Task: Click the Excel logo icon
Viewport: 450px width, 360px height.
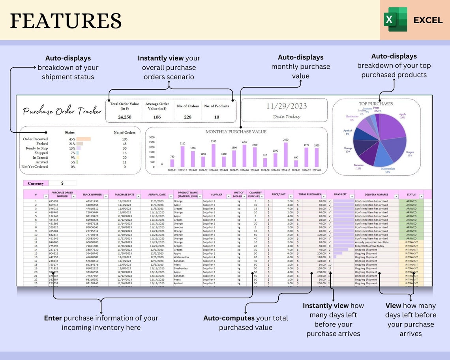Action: point(395,19)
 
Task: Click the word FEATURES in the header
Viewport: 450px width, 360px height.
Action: point(66,21)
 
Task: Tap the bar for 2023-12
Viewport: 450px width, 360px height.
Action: point(182,157)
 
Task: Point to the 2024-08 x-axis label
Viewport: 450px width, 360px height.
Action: point(265,170)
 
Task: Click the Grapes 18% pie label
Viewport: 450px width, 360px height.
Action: point(410,154)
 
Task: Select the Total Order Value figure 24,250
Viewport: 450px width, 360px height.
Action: point(124,117)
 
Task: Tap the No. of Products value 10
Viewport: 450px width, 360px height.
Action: point(217,117)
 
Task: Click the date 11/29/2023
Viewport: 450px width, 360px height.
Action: point(286,106)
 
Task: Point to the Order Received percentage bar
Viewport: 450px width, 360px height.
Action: point(84,139)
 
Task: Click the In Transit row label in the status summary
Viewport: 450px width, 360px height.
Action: point(40,157)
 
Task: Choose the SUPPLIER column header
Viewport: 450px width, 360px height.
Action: point(216,195)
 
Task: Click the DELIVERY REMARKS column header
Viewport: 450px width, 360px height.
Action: point(377,195)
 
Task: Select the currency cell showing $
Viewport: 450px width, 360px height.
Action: point(62,184)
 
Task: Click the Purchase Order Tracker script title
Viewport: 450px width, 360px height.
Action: point(62,111)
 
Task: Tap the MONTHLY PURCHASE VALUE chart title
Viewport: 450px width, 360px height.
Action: point(236,132)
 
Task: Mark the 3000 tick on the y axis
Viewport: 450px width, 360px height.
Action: point(152,137)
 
